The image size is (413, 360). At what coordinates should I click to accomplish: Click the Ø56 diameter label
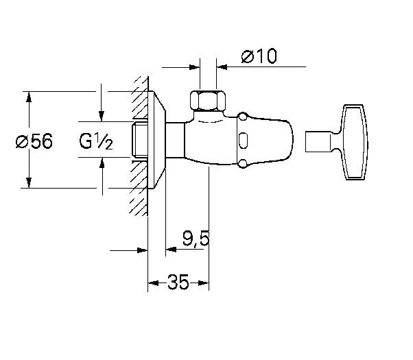tap(34, 141)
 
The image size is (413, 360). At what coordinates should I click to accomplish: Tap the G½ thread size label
tap(95, 141)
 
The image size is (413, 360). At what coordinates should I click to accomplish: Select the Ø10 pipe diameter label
tap(259, 56)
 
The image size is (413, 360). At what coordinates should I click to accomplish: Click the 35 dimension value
tap(178, 282)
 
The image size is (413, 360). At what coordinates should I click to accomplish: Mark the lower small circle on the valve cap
tap(242, 164)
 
